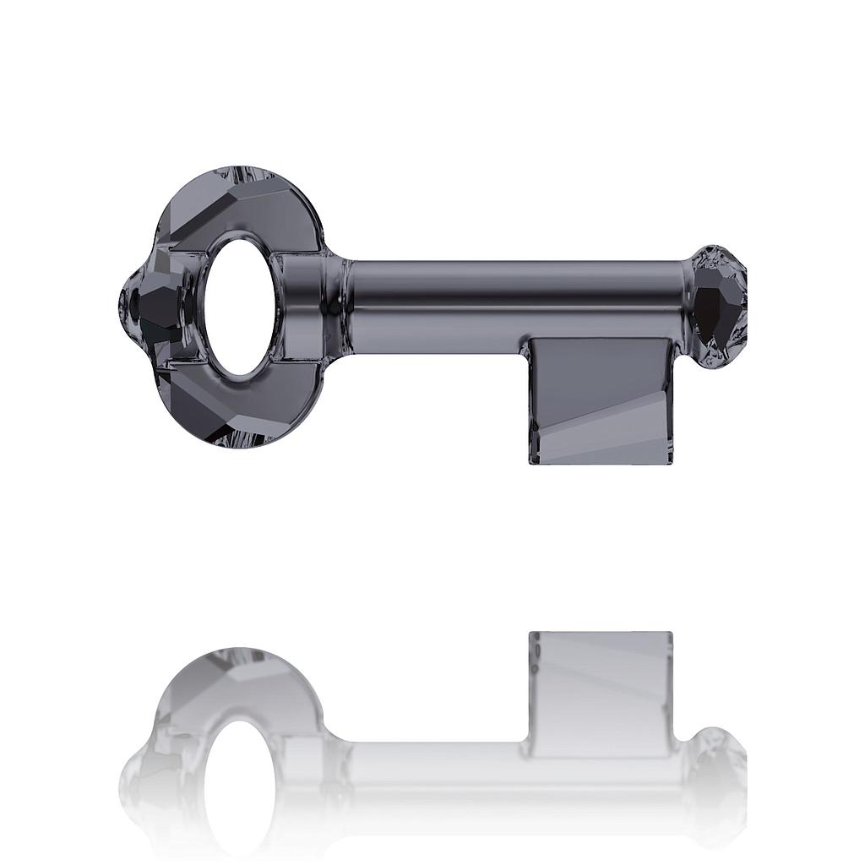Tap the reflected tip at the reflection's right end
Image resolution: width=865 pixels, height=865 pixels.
[x=718, y=769]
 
